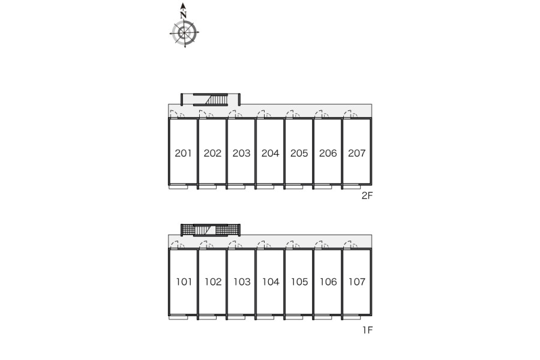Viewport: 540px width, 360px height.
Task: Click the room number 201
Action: point(183,153)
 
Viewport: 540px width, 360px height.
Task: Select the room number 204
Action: point(270,153)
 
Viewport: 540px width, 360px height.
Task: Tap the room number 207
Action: point(356,153)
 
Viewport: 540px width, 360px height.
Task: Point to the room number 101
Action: point(184,282)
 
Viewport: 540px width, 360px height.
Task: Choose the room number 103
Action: point(242,282)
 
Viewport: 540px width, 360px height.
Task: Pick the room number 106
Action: point(328,282)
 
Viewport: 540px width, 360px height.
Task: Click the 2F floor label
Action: point(367,196)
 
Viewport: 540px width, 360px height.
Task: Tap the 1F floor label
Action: point(367,330)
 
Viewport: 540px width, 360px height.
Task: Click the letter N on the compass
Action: point(183,15)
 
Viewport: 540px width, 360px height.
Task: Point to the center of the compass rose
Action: point(184,33)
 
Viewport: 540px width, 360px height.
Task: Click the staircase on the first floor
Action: point(205,230)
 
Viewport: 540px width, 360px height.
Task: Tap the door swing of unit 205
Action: point(292,115)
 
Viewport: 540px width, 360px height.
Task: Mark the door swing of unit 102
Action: point(206,245)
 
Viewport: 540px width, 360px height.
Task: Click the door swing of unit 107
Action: point(350,245)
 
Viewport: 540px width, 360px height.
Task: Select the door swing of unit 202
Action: point(206,115)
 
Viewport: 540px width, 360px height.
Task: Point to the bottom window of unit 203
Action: point(236,187)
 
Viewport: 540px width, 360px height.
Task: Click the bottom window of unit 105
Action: point(294,317)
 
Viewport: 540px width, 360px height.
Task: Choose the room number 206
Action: point(328,153)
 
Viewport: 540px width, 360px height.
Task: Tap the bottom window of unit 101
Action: point(178,317)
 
